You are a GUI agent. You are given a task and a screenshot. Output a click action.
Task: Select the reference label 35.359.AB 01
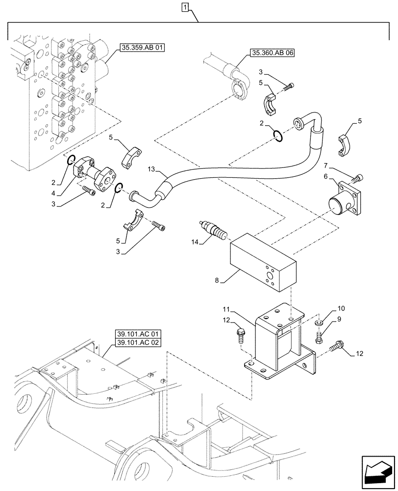[x=142, y=48]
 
